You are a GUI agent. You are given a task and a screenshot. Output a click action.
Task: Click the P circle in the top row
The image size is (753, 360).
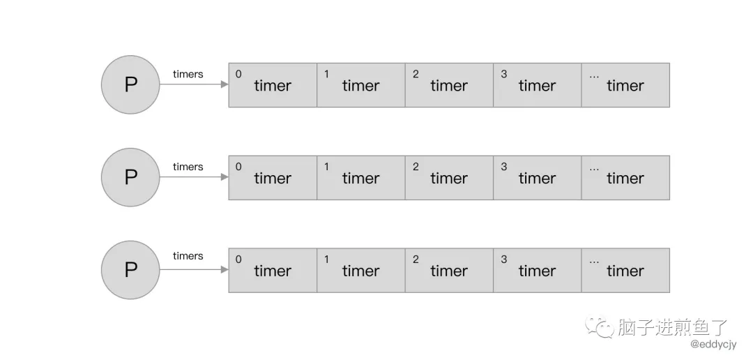(x=130, y=85)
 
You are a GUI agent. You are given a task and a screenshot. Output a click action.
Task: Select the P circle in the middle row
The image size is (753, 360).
(x=130, y=178)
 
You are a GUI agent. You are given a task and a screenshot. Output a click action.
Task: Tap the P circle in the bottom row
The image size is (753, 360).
(x=130, y=270)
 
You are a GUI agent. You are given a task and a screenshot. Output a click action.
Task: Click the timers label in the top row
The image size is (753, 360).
(x=188, y=74)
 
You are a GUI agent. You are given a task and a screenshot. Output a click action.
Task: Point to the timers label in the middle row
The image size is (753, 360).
(x=188, y=167)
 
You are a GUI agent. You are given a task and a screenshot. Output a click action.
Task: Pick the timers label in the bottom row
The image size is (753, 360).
(x=188, y=256)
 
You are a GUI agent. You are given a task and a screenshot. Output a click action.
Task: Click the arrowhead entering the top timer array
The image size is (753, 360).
(x=225, y=85)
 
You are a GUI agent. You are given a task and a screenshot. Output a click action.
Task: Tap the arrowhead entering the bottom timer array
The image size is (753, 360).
(x=225, y=270)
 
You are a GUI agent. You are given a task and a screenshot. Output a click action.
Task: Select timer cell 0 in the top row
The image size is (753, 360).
(x=273, y=85)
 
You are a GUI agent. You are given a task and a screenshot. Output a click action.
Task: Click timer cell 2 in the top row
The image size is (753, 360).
(x=449, y=85)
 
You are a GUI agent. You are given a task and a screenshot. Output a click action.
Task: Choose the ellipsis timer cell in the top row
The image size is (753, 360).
(x=625, y=85)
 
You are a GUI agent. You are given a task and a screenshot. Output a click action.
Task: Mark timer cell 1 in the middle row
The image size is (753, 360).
(x=360, y=178)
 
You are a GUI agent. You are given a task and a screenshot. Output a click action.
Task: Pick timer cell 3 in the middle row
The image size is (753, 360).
(x=537, y=178)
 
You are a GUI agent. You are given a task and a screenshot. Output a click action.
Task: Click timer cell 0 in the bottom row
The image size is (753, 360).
(x=273, y=271)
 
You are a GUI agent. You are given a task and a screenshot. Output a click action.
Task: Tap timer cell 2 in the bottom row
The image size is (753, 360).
(x=449, y=271)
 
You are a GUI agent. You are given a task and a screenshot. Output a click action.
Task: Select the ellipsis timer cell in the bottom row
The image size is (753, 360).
(x=625, y=271)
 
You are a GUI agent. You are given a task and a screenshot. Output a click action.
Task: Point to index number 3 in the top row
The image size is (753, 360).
(x=504, y=74)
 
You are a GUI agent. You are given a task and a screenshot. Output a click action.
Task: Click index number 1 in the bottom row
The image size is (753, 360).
(x=327, y=260)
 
